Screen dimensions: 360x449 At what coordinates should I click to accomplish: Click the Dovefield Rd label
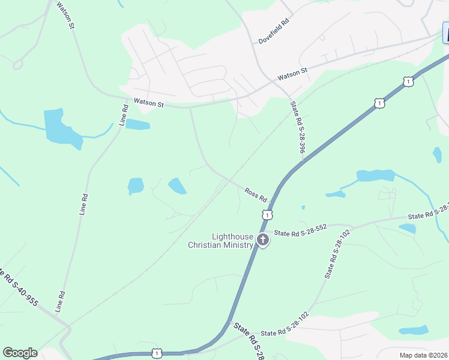coord(274,31)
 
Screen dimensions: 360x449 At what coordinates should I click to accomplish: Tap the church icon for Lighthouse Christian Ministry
coord(262,240)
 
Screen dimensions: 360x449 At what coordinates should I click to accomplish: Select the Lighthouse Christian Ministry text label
coord(220,241)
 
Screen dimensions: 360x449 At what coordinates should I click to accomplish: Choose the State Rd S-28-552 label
coord(300,230)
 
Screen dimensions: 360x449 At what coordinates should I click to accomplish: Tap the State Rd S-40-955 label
coord(19,291)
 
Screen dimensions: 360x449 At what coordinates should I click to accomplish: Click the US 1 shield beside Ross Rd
coord(268,214)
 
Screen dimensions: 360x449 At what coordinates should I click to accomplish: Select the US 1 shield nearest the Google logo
coord(157,354)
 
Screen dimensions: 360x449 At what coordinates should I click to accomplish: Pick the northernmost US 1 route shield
coord(408,81)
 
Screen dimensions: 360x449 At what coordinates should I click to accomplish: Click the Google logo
coord(20,353)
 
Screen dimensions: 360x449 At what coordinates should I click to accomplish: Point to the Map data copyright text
coord(423,355)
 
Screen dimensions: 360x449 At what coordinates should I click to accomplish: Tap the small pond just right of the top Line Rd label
coord(137,124)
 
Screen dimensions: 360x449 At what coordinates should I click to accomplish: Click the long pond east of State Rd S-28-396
coord(375,176)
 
